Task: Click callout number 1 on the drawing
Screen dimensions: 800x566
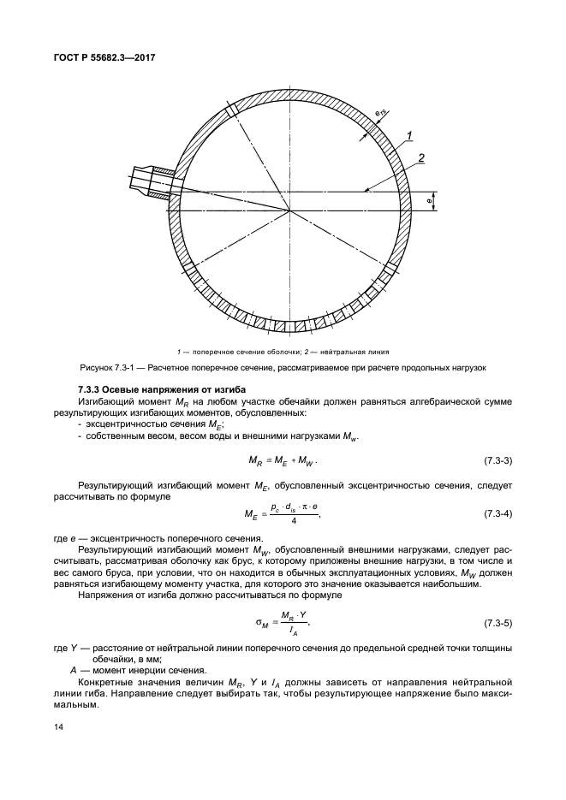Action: click(x=410, y=135)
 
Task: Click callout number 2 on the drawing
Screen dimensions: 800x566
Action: click(x=420, y=157)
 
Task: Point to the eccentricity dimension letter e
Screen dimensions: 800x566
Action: click(x=428, y=201)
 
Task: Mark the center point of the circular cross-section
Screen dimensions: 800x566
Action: click(x=289, y=210)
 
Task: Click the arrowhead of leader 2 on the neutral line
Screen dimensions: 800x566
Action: click(x=364, y=189)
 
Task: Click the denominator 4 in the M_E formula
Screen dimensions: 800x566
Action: click(x=293, y=523)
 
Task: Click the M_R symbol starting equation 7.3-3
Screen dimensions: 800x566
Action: click(x=255, y=462)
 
